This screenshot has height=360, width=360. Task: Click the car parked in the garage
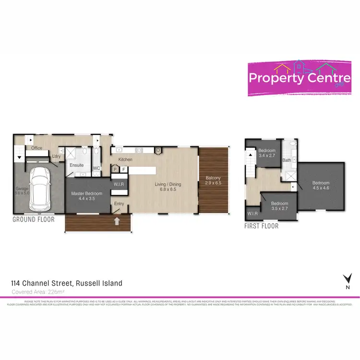pos(40,188)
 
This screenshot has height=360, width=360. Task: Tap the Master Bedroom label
pos(84,195)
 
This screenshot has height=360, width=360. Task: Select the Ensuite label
pos(77,165)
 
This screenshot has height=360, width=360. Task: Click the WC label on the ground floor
pos(96,168)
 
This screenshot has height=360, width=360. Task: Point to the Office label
pos(37,148)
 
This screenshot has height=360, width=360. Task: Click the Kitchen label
pos(125,159)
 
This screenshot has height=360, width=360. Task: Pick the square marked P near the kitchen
pos(115,169)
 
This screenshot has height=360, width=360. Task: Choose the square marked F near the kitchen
pos(123,169)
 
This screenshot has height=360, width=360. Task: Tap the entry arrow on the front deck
pos(117,221)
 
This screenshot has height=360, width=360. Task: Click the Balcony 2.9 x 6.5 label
pos(210,180)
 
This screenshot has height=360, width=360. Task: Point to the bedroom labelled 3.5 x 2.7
pos(279,205)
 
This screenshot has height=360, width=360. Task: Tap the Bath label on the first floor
pos(287,160)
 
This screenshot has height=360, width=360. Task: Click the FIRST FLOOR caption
pos(261,226)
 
